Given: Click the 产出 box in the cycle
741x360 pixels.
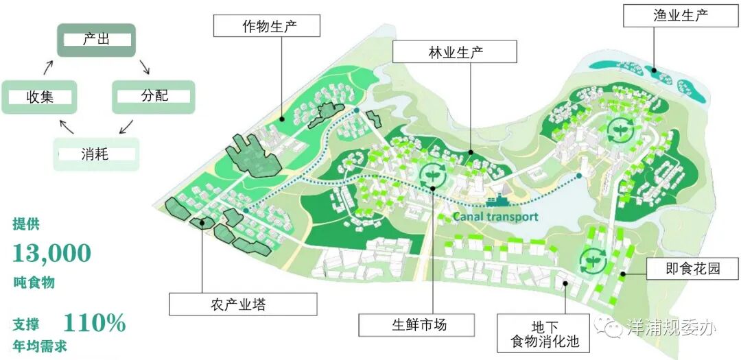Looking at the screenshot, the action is coord(96,40).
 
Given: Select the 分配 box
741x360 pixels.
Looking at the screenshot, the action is coord(154,96).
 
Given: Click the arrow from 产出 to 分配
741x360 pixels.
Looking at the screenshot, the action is coord(144,67).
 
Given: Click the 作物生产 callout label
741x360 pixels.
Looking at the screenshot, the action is coord(257,27).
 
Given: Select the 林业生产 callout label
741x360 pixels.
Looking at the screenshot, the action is coord(454,52).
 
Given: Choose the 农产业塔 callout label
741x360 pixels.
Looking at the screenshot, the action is coord(243,304).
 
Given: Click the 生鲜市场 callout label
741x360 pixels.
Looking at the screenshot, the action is coord(416,324).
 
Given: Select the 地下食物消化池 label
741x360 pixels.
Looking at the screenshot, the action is coord(545,333).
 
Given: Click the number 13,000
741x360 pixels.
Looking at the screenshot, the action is coord(52,253).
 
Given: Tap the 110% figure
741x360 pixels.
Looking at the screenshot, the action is coord(95,322).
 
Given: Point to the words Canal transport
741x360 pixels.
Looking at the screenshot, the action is coord(495,216).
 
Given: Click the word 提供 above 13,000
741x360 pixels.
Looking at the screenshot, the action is coord(27,224).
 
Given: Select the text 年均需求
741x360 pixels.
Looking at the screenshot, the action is coord(40,346).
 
